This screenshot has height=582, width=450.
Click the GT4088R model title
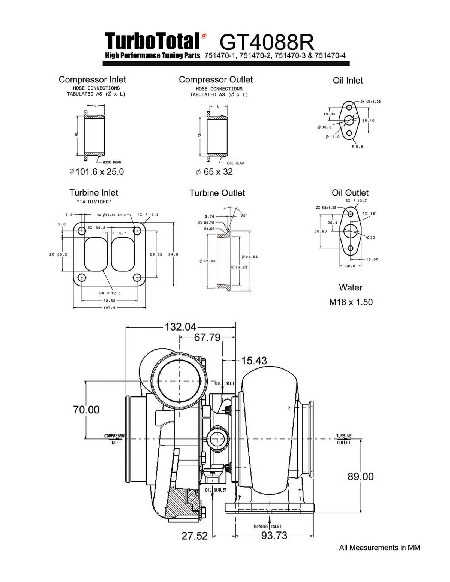[x=267, y=42]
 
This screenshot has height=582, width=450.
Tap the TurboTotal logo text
[x=152, y=41]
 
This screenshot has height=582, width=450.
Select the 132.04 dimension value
[x=180, y=327]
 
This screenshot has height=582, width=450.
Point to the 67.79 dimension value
[x=207, y=337]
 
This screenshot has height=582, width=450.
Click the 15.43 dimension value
[x=254, y=361]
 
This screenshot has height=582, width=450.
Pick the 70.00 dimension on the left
[x=86, y=410]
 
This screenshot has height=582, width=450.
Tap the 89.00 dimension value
[x=360, y=476]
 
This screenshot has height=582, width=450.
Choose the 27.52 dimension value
[x=194, y=536]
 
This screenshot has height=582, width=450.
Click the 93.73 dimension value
[x=274, y=536]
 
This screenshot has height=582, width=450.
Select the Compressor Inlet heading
[x=92, y=79]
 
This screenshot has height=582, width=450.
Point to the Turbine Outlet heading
[x=217, y=193]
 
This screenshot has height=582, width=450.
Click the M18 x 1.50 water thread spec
[x=351, y=302]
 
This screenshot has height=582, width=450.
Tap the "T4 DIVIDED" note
[x=94, y=202]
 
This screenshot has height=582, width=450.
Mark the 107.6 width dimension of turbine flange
[x=109, y=308]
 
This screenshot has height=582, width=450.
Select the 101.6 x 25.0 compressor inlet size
[x=99, y=172]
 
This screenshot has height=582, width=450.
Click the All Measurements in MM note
[x=379, y=548]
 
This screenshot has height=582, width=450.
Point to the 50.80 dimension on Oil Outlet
[x=321, y=231]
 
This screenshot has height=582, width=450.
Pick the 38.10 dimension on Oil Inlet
[x=368, y=121]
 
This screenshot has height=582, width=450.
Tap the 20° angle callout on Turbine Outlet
[x=244, y=216]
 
